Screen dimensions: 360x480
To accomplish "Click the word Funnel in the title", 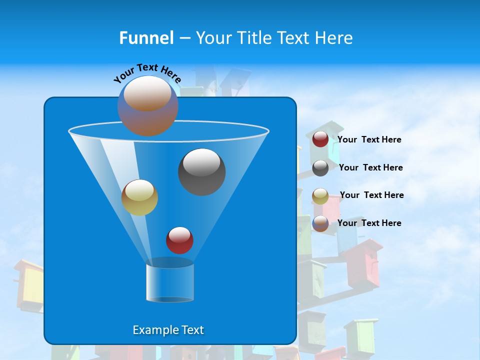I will pyautogui.click(x=146, y=38).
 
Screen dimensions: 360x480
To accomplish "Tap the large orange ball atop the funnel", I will pyautogui.click(x=147, y=105).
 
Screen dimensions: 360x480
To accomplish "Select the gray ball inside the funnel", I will pyautogui.click(x=201, y=172).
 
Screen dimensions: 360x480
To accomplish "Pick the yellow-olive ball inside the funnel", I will pyautogui.click(x=139, y=197).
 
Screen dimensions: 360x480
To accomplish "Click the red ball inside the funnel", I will pyautogui.click(x=179, y=240).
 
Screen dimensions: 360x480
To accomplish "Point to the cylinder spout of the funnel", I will pyautogui.click(x=169, y=282).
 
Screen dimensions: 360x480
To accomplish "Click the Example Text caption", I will pyautogui.click(x=168, y=330).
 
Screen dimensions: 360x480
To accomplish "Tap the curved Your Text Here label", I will pyautogui.click(x=147, y=72).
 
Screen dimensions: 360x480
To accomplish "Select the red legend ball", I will pyautogui.click(x=320, y=139).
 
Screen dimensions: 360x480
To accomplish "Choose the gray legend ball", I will pyautogui.click(x=320, y=168).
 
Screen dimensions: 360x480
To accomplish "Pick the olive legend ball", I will pyautogui.click(x=320, y=196).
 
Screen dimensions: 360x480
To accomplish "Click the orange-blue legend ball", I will pyautogui.click(x=320, y=223).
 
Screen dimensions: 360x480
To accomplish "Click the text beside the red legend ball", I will pyautogui.click(x=369, y=140).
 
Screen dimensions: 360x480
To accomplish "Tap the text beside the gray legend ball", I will pyautogui.click(x=370, y=168).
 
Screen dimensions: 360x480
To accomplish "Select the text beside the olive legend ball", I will pyautogui.click(x=371, y=195).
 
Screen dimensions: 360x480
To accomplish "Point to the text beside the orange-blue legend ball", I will pyautogui.click(x=369, y=223).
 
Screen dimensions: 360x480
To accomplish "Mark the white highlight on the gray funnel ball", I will pyautogui.click(x=201, y=162).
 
